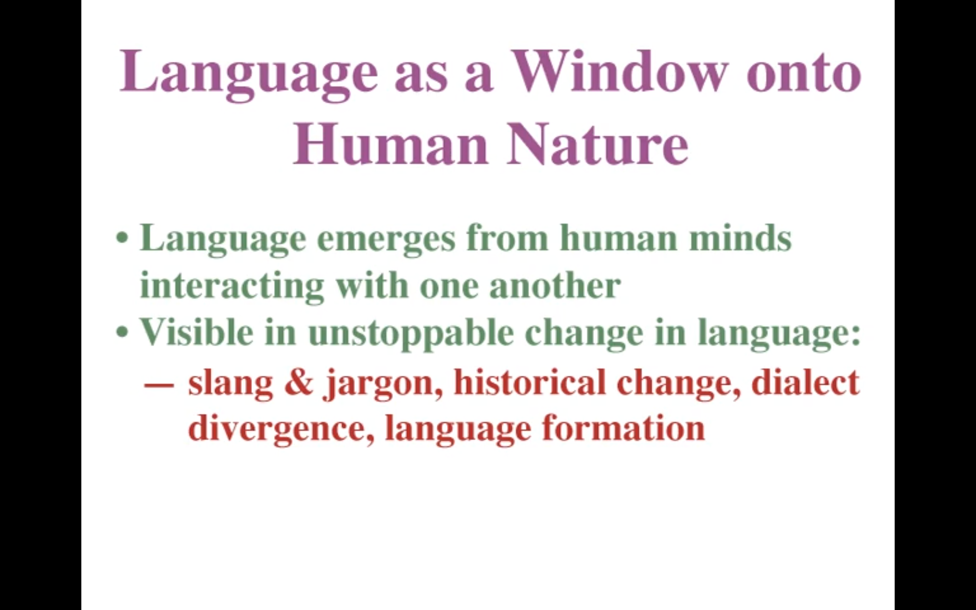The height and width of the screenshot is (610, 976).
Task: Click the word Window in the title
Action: pyautogui.click(x=620, y=72)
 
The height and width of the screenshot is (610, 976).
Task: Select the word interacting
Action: pyautogui.click(x=232, y=286)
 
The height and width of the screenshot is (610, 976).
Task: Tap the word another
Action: pyautogui.click(x=555, y=285)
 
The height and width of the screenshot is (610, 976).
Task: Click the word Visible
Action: pyautogui.click(x=196, y=332)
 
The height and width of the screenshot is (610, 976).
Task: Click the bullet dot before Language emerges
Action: pyautogui.click(x=122, y=238)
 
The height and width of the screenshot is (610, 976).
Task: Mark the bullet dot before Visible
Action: pyautogui.click(x=122, y=332)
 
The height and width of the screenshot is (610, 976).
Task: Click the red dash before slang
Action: pyautogui.click(x=159, y=384)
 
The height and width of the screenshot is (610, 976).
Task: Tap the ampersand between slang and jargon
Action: pyautogui.click(x=299, y=382)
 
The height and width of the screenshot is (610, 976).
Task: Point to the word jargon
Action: pyautogui.click(x=383, y=385)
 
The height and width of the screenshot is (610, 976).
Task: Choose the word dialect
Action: pyautogui.click(x=805, y=382)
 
